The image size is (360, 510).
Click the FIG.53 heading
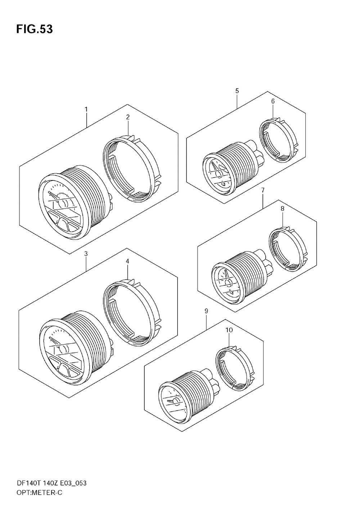[34, 29]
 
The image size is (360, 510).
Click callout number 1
[86, 109]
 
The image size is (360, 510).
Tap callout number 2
[128, 117]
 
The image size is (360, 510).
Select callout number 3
[86, 254]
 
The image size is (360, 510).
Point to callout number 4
[127, 261]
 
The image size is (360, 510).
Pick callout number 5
[237, 91]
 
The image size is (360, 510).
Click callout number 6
[273, 101]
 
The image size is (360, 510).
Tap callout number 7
[263, 190]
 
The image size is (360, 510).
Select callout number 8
[282, 209]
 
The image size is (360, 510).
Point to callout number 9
[206, 311]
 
